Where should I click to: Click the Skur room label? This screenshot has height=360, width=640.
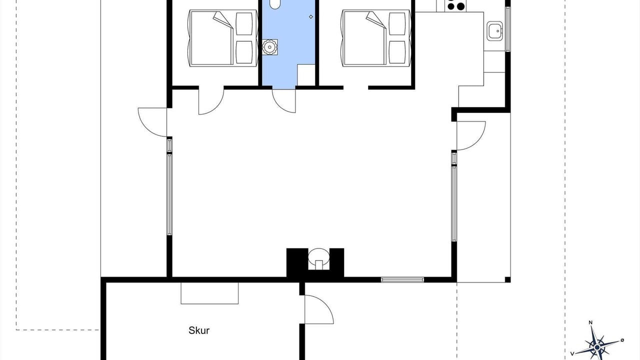point(199,330)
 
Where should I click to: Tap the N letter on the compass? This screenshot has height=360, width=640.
point(590,322)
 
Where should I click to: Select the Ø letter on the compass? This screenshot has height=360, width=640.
point(622,340)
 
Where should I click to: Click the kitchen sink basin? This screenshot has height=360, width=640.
point(494,31)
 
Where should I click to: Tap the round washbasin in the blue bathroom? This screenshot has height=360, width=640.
point(269,47)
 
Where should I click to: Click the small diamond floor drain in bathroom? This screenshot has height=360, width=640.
point(311,17)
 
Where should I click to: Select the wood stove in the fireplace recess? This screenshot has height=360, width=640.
point(318,258)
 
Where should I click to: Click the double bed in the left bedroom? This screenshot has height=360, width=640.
point(223,38)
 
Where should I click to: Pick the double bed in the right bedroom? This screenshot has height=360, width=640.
point(376,38)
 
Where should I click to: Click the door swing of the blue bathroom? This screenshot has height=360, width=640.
point(283,100)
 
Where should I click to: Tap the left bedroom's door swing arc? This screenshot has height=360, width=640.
point(211,101)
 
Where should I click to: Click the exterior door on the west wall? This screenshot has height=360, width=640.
point(152,122)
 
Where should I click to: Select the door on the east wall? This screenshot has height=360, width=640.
point(471,135)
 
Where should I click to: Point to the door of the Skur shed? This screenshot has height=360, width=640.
point(319,309)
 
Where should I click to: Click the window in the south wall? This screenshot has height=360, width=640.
point(402,279)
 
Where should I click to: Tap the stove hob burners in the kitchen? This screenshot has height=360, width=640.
point(455,5)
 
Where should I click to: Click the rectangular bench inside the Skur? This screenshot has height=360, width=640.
point(209,293)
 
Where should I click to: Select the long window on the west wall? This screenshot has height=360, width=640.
point(169,194)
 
